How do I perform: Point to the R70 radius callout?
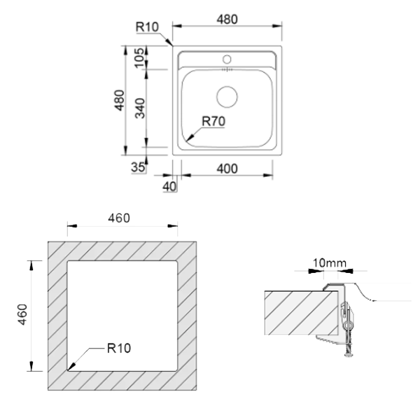pos(213,120)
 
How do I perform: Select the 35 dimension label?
pos(138,167)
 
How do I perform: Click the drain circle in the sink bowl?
pos(226,95)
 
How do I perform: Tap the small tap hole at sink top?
pos(226,57)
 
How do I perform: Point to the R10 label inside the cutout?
pos(119,347)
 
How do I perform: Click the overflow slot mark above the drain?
pos(226,70)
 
